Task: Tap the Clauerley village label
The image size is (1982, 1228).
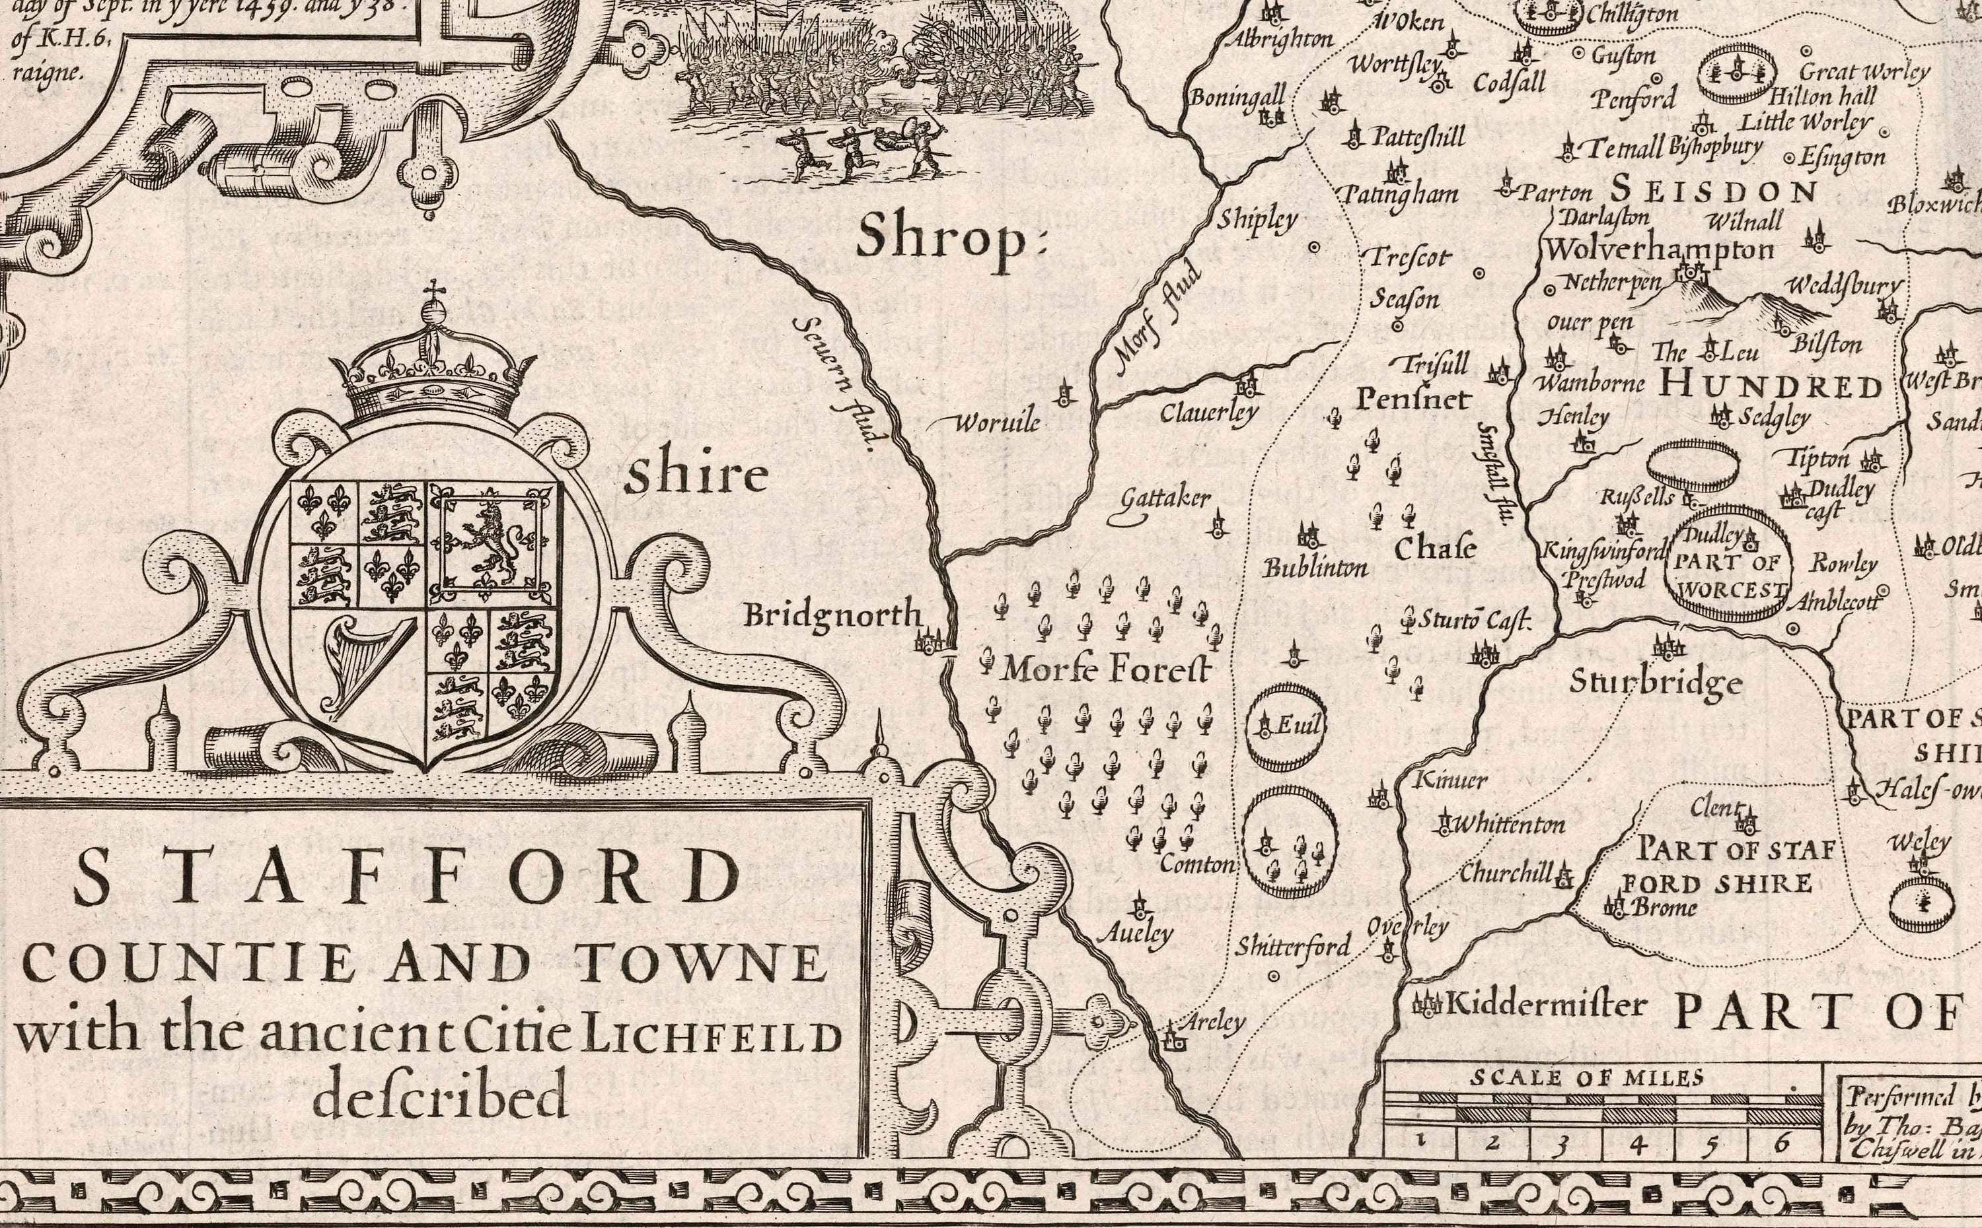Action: pos(1208,413)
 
